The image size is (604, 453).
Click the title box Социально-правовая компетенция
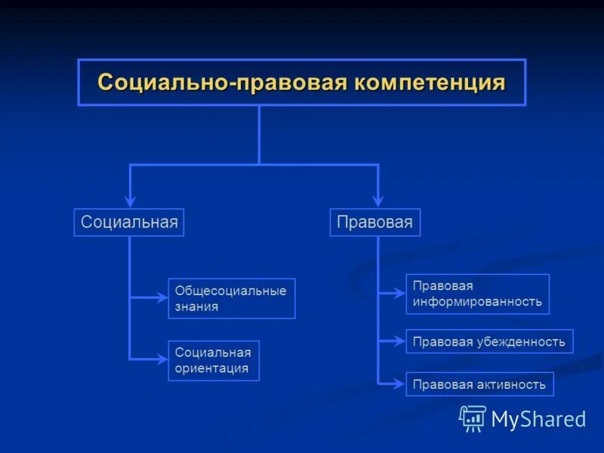[x=302, y=82]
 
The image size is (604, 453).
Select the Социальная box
[x=129, y=222]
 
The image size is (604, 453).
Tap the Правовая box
[x=375, y=222]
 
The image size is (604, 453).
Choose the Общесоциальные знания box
[x=231, y=298]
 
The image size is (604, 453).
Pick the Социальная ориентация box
[x=213, y=360]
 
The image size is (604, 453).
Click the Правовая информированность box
[x=477, y=294]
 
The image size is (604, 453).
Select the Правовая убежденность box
[x=489, y=341]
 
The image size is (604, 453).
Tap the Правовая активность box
[x=479, y=384]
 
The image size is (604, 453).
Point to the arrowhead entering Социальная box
[x=130, y=202]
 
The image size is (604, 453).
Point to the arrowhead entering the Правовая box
[x=377, y=202]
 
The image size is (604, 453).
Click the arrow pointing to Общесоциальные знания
[x=160, y=298]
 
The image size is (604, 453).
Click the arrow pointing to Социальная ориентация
[x=160, y=360]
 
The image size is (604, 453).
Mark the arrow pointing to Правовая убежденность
[x=399, y=341]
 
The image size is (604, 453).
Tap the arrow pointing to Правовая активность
[x=399, y=384]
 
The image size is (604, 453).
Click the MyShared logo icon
[x=473, y=418]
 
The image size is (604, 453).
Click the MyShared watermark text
[x=538, y=419]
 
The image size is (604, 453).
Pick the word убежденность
[x=520, y=341]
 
